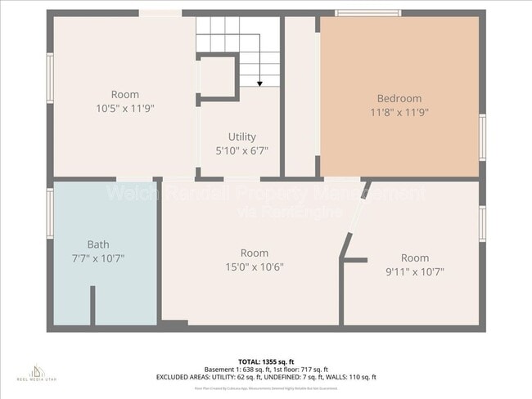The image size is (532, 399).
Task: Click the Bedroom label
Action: [399, 98]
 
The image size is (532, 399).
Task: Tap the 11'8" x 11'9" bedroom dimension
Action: [399, 112]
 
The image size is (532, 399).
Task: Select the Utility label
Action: [241, 137]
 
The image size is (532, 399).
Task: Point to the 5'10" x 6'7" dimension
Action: [241, 150]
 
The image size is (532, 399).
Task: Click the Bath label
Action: [97, 244]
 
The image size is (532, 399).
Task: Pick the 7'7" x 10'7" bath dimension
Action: [97, 258]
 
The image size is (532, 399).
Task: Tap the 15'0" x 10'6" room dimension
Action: [255, 267]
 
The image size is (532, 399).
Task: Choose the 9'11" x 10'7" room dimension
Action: [415, 271]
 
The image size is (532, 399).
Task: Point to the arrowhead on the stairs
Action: [259, 83]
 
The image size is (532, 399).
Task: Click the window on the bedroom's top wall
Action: [368, 13]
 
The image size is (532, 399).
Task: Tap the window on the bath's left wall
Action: [50, 213]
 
